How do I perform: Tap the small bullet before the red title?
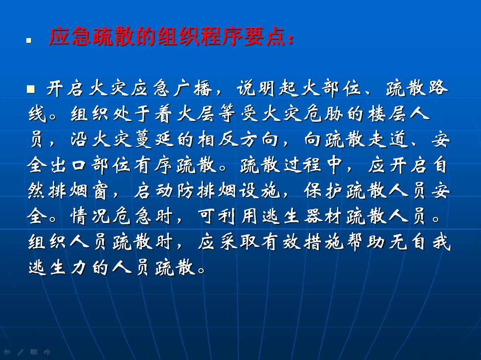(x=29, y=40)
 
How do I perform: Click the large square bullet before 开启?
(x=31, y=89)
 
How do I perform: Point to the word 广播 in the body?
(x=193, y=88)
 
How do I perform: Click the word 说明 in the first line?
(x=256, y=88)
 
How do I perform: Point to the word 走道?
(x=388, y=139)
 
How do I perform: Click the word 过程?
(x=302, y=165)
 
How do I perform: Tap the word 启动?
(x=154, y=191)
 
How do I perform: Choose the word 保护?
(x=323, y=191)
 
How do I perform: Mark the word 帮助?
(x=366, y=242)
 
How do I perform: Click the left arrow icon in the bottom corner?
(x=7, y=352)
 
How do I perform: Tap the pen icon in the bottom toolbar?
(x=20, y=352)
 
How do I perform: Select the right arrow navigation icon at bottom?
(x=47, y=352)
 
